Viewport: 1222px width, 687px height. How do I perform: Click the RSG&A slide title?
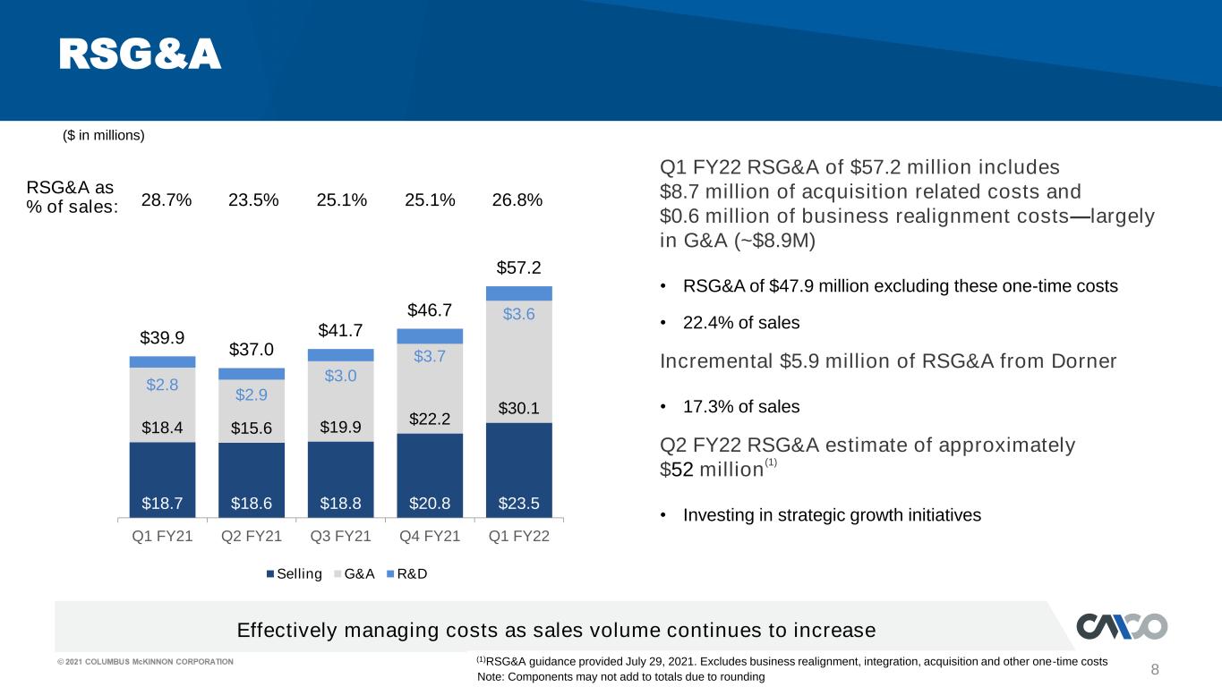pos(140,55)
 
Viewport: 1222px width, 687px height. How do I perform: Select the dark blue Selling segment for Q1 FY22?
pos(519,470)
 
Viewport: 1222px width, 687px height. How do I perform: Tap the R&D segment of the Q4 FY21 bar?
pos(430,335)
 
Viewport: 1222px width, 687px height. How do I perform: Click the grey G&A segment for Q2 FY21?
pos(252,411)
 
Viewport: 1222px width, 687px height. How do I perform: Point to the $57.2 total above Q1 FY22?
pos(519,267)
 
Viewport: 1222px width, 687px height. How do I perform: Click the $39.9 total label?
pos(162,337)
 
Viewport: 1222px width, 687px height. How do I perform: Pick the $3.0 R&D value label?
pos(340,376)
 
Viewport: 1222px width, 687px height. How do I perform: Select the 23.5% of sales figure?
pos(253,200)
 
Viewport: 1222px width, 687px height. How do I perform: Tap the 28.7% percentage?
pos(167,200)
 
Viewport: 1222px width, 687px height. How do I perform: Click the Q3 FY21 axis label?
pos(340,536)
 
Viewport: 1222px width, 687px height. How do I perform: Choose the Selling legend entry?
pos(294,573)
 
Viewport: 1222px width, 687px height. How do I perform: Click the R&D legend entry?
pos(406,573)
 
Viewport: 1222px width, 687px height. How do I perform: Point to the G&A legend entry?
pos(354,573)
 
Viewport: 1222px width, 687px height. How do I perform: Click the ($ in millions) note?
pos(104,135)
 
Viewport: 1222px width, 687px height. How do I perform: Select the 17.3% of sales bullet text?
pos(741,407)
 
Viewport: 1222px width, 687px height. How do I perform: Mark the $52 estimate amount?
pos(677,470)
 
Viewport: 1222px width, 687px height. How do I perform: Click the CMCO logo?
pos(1122,626)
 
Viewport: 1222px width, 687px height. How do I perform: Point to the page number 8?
pos(1155,669)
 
